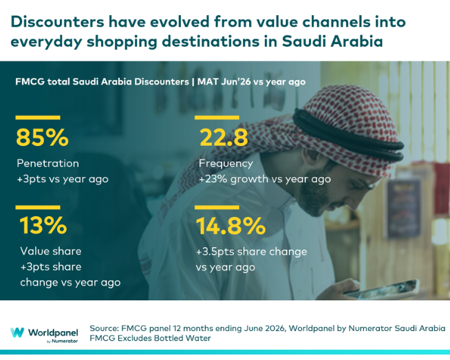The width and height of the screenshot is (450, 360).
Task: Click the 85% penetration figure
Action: [42, 137]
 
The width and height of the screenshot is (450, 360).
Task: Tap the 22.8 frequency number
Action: [224, 137]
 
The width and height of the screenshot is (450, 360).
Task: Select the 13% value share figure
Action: [43, 225]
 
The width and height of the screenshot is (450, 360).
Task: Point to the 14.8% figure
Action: [231, 226]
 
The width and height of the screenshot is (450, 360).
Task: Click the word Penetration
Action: [47, 163]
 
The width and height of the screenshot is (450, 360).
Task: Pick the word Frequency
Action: [226, 164]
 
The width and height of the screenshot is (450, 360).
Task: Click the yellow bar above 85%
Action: [38, 118]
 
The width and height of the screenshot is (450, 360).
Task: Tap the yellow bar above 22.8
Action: [217, 118]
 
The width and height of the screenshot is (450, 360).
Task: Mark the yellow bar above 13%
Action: [38, 207]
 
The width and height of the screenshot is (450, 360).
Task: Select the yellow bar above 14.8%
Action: [217, 207]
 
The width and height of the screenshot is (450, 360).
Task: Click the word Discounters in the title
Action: [57, 22]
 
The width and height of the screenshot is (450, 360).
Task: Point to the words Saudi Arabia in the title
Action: [332, 41]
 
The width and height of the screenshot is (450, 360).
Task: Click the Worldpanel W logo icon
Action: [17, 332]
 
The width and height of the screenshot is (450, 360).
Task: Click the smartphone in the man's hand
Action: [382, 289]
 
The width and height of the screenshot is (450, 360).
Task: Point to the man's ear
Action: [311, 155]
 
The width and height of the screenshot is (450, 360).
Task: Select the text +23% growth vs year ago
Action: [265, 179]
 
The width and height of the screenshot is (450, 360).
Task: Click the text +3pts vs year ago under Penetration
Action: [63, 179]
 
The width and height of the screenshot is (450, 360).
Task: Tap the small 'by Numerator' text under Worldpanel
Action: [63, 341]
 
